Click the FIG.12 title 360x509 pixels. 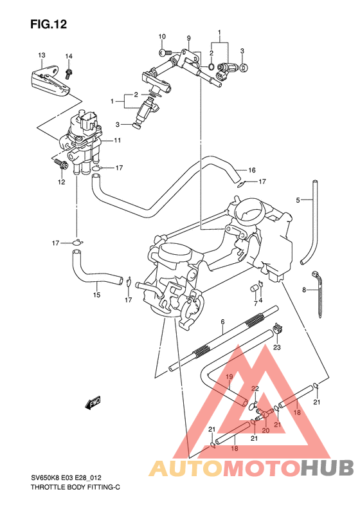click(48, 24)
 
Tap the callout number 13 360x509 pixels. click(41, 55)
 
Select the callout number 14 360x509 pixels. click(69, 56)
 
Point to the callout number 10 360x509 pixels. click(162, 36)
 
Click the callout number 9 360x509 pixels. click(189, 39)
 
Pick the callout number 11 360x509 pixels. click(118, 140)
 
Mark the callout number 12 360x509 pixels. click(62, 182)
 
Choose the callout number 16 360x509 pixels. click(252, 171)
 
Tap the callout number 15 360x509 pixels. click(96, 295)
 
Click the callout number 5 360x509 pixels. click(298, 200)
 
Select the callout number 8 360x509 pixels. click(304, 290)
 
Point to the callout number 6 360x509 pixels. click(222, 322)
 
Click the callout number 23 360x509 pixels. click(277, 347)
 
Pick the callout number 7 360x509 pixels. click(255, 302)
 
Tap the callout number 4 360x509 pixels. click(260, 299)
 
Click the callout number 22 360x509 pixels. click(255, 389)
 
